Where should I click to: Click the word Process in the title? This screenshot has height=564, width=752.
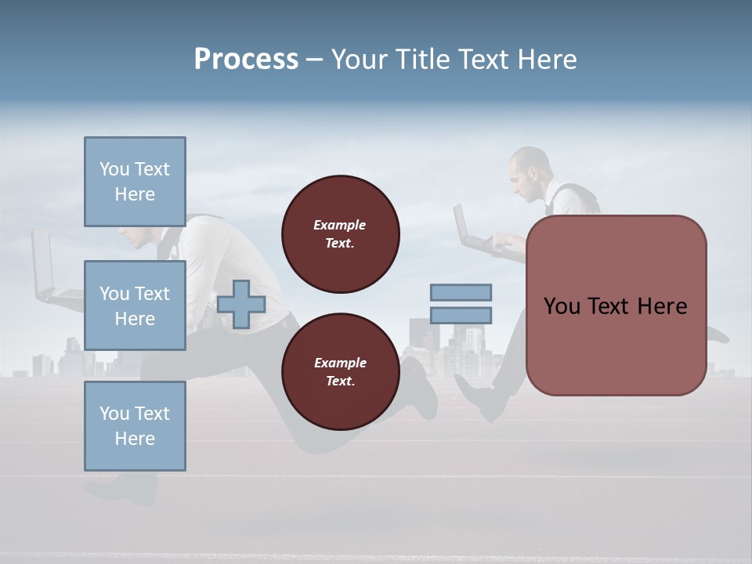click(x=246, y=60)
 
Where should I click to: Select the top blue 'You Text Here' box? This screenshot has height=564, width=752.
click(x=135, y=182)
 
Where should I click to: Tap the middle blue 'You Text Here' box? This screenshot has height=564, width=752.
click(x=135, y=305)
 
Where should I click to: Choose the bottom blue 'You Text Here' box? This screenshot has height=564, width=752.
click(x=135, y=426)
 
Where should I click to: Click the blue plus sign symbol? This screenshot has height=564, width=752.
click(x=241, y=304)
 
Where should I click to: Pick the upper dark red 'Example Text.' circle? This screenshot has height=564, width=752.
click(x=340, y=234)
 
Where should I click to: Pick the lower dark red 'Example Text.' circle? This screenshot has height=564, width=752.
click(x=340, y=372)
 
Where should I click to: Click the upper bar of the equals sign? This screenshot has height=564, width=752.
click(x=461, y=292)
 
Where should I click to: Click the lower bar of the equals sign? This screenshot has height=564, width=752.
click(x=461, y=316)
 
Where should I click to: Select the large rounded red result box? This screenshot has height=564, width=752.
click(x=616, y=305)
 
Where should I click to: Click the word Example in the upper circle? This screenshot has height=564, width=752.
click(x=340, y=225)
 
